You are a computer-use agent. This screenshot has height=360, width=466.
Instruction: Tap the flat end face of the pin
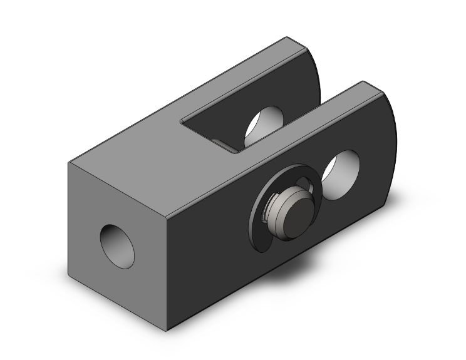pyautogui.click(x=296, y=213)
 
